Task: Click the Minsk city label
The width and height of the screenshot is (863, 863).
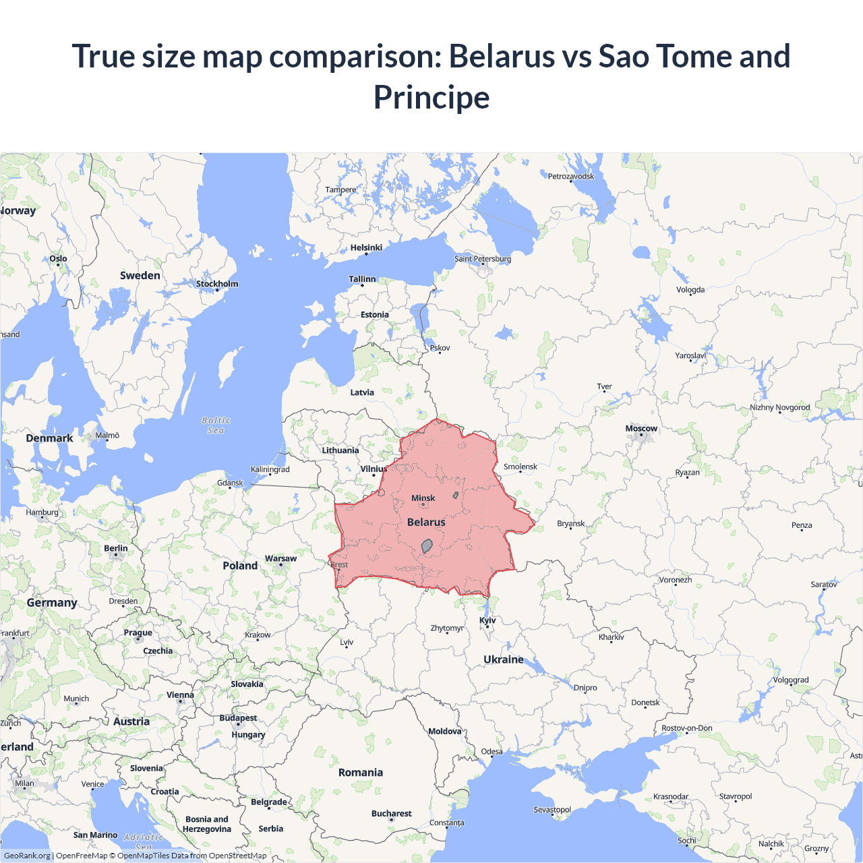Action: pos(423,498)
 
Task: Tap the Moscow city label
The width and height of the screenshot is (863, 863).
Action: pos(641,429)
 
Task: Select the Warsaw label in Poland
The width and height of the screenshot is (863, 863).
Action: pos(280,558)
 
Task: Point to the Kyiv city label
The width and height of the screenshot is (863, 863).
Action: pos(487,620)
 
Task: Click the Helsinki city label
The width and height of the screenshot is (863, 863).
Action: pos(366,247)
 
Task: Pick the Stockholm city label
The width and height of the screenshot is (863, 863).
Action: pos(217,284)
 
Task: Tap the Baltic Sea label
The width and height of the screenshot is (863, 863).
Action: pos(216,425)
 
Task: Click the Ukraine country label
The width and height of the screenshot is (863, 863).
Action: pos(504,659)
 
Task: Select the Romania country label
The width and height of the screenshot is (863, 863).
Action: pos(361,773)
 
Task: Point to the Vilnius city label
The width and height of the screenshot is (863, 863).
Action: pos(374,469)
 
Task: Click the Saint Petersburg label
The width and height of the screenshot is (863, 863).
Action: pos(483,259)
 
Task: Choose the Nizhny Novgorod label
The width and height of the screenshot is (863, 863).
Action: pos(780,407)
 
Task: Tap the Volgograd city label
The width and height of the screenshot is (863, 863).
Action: pos(791,680)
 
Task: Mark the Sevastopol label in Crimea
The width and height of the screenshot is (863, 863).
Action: pos(552,809)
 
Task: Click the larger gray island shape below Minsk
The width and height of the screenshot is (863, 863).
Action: pos(427,545)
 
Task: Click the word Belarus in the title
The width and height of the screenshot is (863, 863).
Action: pos(502,56)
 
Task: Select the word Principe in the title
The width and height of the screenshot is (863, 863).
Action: pos(431,97)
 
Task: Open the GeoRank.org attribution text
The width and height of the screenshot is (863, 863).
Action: pos(27,856)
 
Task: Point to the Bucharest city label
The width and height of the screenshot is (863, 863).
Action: pos(391,813)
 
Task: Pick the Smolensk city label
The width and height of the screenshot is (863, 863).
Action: pos(520,467)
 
